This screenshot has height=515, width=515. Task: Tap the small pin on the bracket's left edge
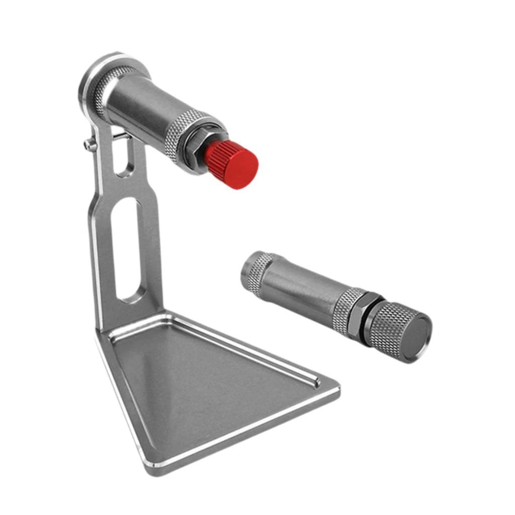(90, 145)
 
